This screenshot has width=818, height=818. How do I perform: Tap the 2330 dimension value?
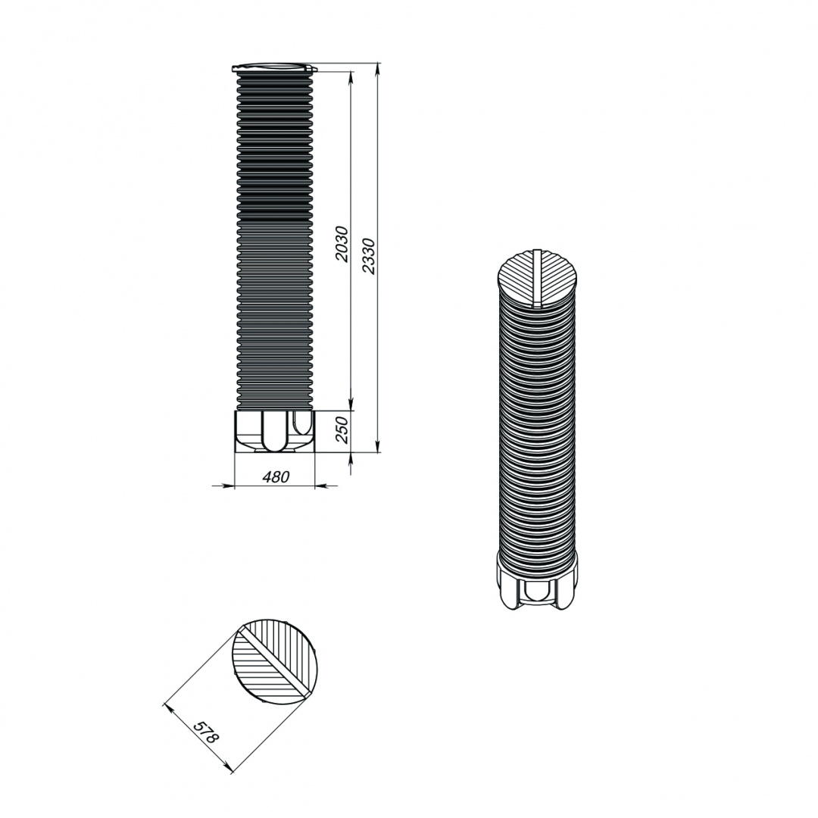(368, 256)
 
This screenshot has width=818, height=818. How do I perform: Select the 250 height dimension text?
(342, 430)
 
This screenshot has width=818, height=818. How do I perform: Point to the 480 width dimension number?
(275, 476)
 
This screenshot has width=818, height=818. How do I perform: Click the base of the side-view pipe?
(275, 431)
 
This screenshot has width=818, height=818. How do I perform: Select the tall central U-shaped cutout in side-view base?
(274, 431)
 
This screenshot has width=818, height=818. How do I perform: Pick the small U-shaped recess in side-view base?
(301, 422)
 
